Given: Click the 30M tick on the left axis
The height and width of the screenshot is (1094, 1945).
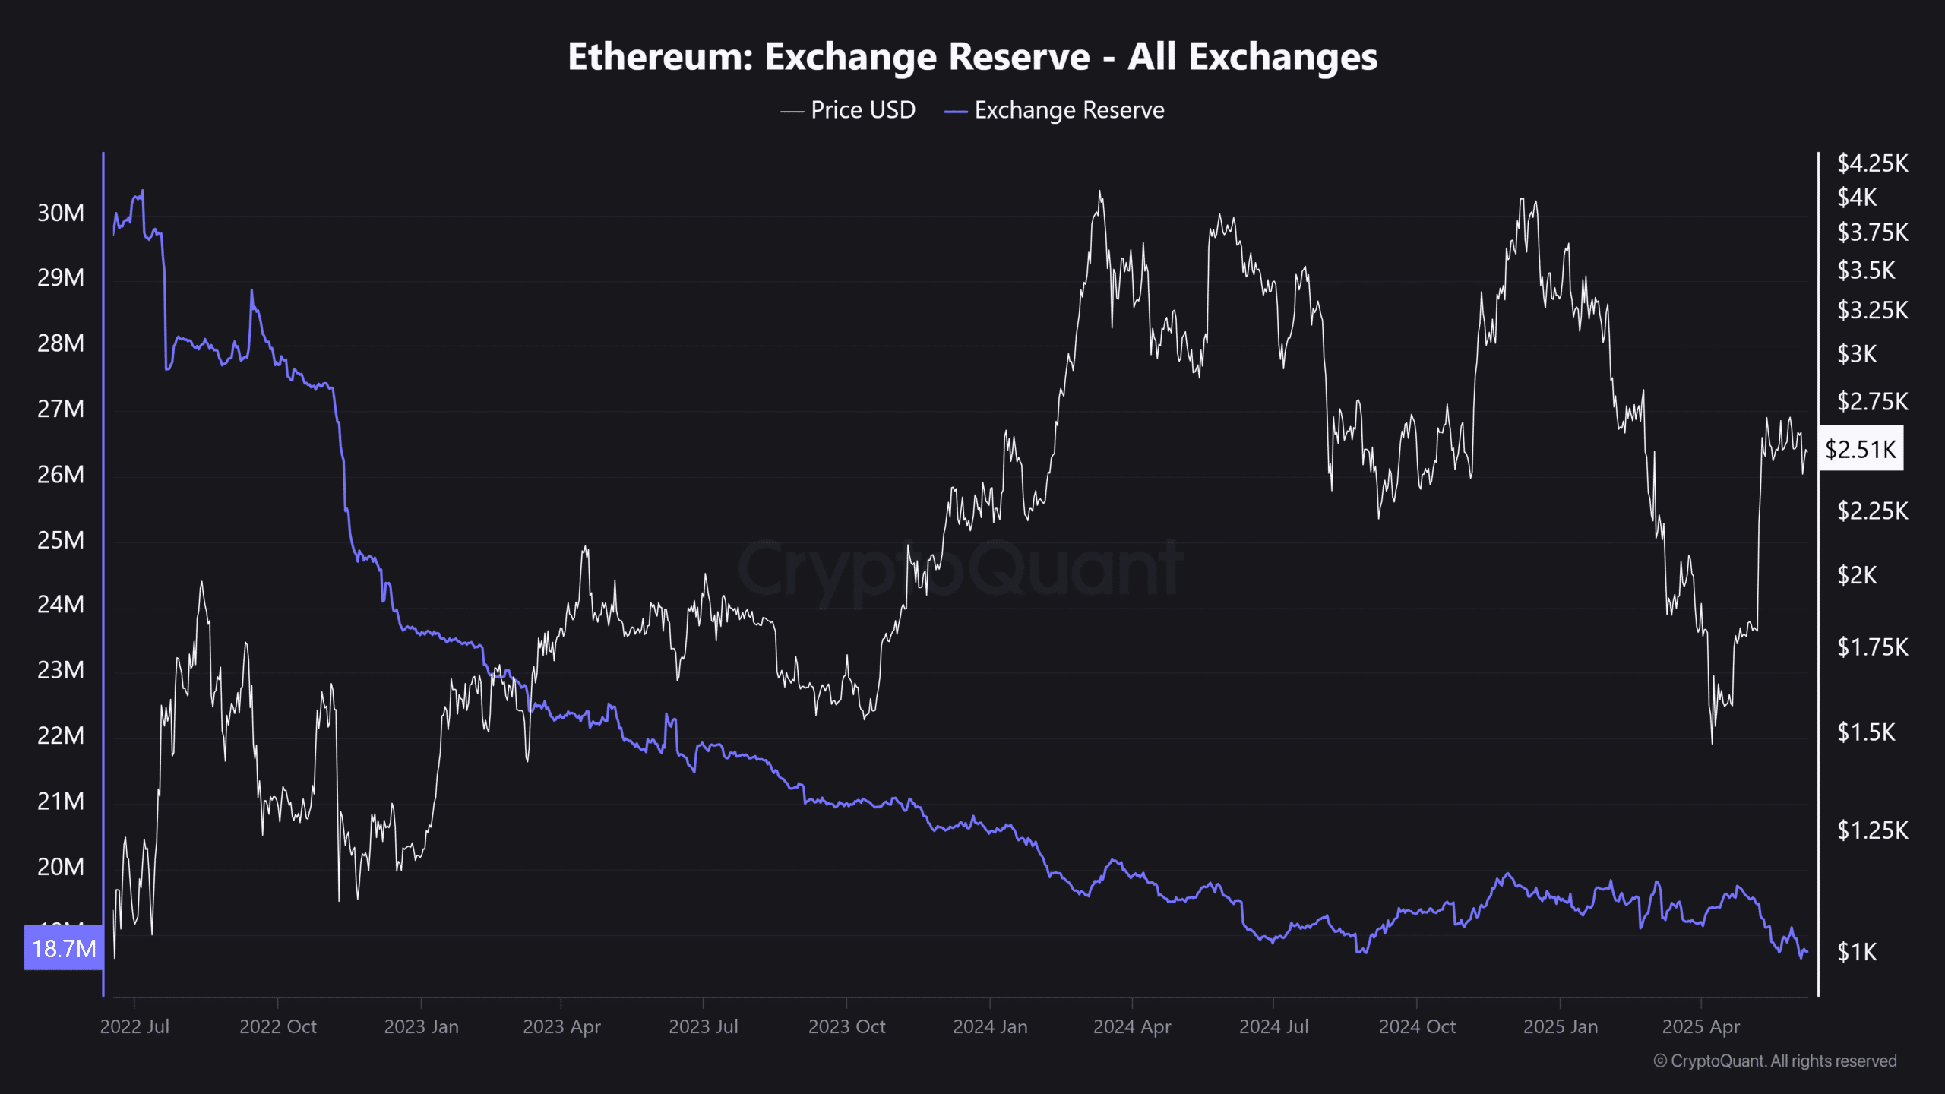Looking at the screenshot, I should [61, 213].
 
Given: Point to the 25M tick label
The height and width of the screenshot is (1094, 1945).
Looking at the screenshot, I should [61, 540].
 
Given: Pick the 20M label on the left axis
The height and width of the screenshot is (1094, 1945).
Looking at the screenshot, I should [61, 867].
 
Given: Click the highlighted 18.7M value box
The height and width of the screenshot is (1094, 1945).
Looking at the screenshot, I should [64, 948].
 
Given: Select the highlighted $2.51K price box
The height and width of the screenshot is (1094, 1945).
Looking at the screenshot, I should [1861, 449].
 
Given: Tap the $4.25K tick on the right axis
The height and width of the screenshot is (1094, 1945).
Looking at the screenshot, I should [1872, 163].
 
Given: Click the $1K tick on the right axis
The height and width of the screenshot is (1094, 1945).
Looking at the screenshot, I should [1857, 952].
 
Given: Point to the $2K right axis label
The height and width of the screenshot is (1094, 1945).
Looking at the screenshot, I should [1857, 575].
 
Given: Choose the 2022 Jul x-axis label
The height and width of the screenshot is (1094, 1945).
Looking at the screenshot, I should [134, 1026].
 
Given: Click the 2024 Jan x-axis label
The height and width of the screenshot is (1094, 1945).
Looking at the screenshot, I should [990, 1026].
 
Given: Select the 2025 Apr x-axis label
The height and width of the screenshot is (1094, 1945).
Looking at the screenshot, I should [1700, 1026].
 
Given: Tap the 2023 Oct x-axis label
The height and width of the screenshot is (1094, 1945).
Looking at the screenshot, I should [846, 1026].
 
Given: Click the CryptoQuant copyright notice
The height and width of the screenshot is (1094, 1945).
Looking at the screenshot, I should [1775, 1061].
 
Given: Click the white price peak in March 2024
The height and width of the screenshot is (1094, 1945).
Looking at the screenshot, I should [1099, 192].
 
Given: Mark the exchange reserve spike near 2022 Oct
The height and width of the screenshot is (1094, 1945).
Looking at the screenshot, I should [251, 291].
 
